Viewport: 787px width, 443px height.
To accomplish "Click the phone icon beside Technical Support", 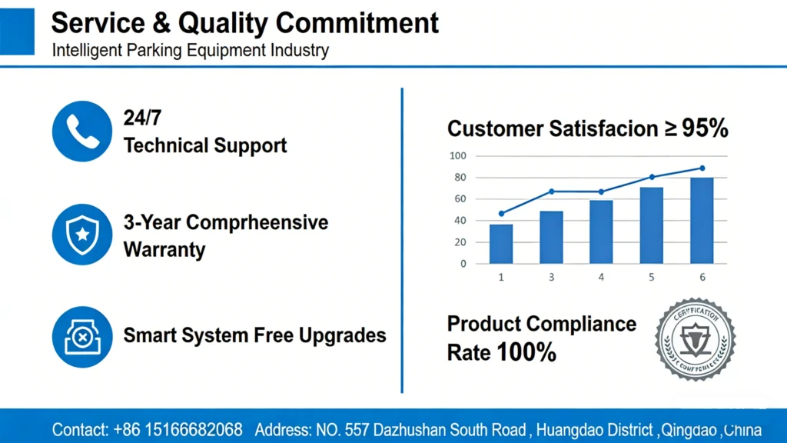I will pos(81,131).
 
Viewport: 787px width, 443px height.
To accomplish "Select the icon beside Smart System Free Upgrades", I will pos(81,336).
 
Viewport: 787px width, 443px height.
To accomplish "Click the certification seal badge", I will pos(695,339).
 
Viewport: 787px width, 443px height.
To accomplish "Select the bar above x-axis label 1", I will pos(501,243).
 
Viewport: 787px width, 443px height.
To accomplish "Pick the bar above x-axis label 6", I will pos(702,220).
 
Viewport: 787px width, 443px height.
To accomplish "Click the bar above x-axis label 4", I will pos(601,231).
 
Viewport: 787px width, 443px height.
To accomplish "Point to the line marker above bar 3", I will pos(551,191).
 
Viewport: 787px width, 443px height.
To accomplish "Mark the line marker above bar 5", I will pos(652,177).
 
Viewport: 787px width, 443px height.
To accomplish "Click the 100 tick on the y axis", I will pos(458,156).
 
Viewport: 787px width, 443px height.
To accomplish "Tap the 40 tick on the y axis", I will pos(459,221).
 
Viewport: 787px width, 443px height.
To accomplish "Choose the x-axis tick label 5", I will pos(652,277).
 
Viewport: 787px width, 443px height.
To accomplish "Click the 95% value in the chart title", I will pos(705,128).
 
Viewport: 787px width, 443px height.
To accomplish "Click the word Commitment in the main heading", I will pos(357,23).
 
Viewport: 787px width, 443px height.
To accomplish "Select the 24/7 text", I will pos(141,118).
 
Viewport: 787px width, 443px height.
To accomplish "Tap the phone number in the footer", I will pos(178,428).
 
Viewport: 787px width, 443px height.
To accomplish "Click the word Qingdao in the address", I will pos(689,428).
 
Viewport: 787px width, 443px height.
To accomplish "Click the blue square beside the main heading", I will pos(18,32).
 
